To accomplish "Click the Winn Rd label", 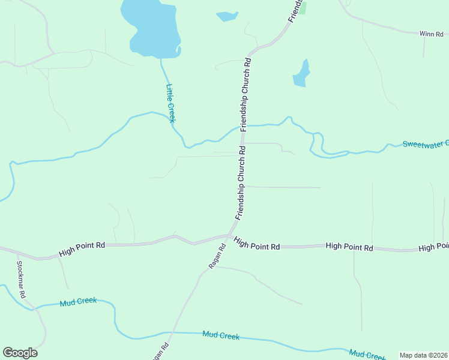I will click(431, 34).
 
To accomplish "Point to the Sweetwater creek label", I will click(425, 144).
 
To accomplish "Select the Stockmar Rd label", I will click(21, 280).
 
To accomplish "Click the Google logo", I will click(20, 353).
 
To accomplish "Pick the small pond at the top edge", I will click(227, 16).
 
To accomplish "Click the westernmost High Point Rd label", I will click(82, 250).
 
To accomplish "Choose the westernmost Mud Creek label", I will click(78, 303).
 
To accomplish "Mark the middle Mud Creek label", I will click(221, 335).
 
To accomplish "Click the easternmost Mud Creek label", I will click(367, 355).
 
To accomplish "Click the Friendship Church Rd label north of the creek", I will click(246, 94).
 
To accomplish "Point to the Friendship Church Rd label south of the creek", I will click(241, 183).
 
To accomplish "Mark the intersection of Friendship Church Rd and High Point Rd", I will click(229, 235).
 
